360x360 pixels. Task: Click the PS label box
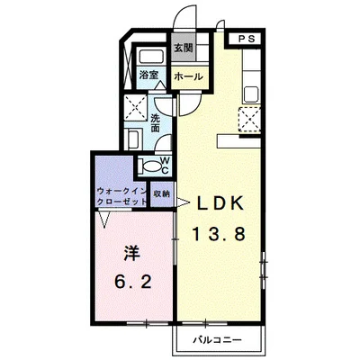click(x=247, y=39)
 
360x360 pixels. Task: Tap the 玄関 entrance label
click(x=184, y=49)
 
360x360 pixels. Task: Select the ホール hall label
click(x=189, y=76)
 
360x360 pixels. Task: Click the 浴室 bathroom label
click(x=148, y=75)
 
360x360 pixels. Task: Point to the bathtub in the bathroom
click(x=151, y=57)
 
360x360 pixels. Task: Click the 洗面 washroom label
click(x=155, y=122)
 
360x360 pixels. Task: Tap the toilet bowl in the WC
click(x=151, y=166)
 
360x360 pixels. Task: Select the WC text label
click(x=165, y=166)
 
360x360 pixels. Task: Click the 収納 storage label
click(x=161, y=193)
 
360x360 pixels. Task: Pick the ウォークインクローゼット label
click(x=122, y=196)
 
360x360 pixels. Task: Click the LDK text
click(x=220, y=204)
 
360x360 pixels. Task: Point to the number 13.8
click(x=219, y=234)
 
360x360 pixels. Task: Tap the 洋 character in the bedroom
click(x=132, y=254)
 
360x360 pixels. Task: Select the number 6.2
click(x=132, y=282)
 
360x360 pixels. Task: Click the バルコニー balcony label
click(x=217, y=340)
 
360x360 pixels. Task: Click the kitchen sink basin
click(x=251, y=94)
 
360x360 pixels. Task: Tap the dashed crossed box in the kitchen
click(x=249, y=119)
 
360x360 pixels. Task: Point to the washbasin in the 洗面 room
click(x=133, y=139)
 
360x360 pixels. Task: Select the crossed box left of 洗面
click(x=135, y=105)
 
